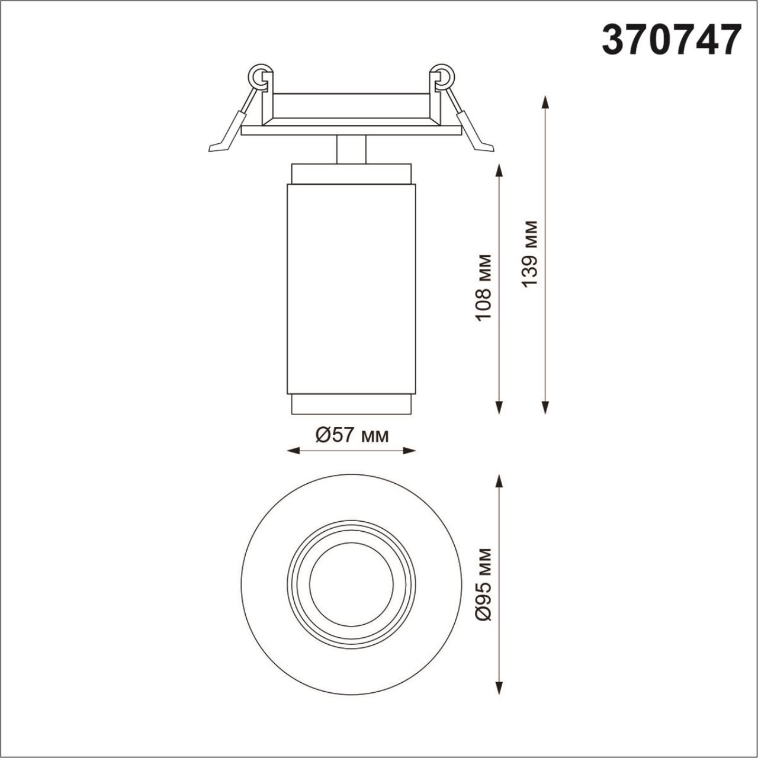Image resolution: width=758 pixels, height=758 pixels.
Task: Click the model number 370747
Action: tap(671, 40)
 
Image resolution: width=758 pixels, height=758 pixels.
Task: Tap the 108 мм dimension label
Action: tap(484, 287)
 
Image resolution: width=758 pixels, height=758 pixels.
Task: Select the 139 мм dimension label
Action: tap(530, 253)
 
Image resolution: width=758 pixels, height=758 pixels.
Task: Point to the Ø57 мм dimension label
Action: tap(352, 435)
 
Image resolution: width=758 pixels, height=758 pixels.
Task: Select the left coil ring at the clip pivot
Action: tap(259, 76)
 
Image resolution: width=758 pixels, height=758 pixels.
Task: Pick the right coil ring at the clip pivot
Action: tap(444, 76)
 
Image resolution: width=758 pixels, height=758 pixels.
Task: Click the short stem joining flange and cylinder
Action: tap(351, 149)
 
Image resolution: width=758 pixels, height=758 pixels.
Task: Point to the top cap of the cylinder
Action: tap(351, 174)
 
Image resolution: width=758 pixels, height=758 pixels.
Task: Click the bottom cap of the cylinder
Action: tap(351, 404)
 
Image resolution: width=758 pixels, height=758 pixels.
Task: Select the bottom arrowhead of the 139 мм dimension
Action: tap(545, 407)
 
